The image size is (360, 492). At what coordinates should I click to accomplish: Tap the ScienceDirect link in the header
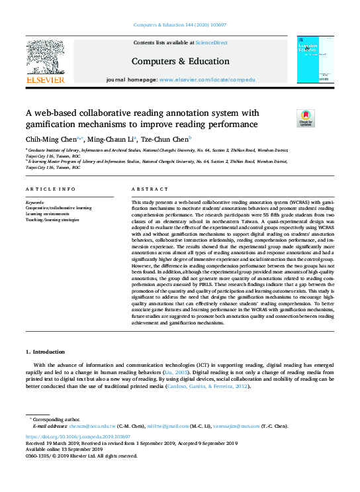point(211,42)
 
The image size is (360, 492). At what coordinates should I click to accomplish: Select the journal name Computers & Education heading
point(180,60)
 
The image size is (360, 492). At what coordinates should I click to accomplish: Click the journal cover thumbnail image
point(315,60)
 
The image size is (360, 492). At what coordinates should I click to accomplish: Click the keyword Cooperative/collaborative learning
point(58,208)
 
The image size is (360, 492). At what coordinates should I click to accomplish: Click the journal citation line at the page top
point(180,26)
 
